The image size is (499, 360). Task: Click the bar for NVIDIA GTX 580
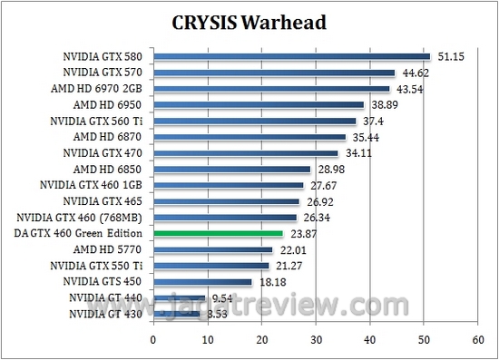[291, 57]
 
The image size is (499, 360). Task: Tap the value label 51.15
[449, 57]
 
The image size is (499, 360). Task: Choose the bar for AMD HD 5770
[212, 249]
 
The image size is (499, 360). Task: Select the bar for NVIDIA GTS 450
[202, 282]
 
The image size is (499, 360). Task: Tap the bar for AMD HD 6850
[231, 170]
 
